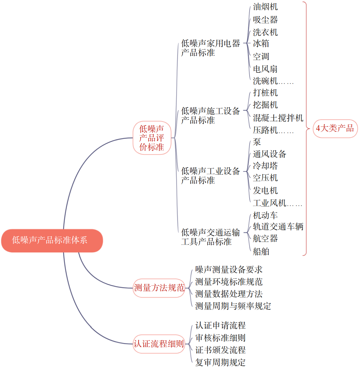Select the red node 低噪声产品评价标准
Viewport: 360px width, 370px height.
coord(152,138)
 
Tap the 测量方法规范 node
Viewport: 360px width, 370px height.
coord(159,288)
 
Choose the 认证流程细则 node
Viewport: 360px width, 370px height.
coord(159,344)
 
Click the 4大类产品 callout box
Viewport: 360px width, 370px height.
coord(335,128)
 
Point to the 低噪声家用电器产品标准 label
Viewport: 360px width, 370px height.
coord(210,48)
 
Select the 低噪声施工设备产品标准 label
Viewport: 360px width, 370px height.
coord(210,116)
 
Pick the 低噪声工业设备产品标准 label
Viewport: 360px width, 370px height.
coord(210,176)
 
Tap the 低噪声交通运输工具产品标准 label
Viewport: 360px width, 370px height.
coord(210,237)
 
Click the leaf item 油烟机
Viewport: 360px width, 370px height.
coord(265,7)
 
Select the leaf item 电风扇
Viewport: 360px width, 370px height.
coord(265,69)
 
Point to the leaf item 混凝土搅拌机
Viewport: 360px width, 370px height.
coord(278,118)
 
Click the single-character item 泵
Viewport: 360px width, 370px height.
coord(257,142)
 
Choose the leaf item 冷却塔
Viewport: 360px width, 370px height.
coord(265,166)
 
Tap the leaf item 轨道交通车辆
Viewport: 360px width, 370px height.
coord(278,227)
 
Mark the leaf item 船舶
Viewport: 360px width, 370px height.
coord(261,251)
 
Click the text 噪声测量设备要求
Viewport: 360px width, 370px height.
coord(229,270)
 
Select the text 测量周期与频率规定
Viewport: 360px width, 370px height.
coord(233,306)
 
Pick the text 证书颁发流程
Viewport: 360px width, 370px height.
coord(220,350)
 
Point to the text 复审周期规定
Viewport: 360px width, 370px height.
coord(220,362)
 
